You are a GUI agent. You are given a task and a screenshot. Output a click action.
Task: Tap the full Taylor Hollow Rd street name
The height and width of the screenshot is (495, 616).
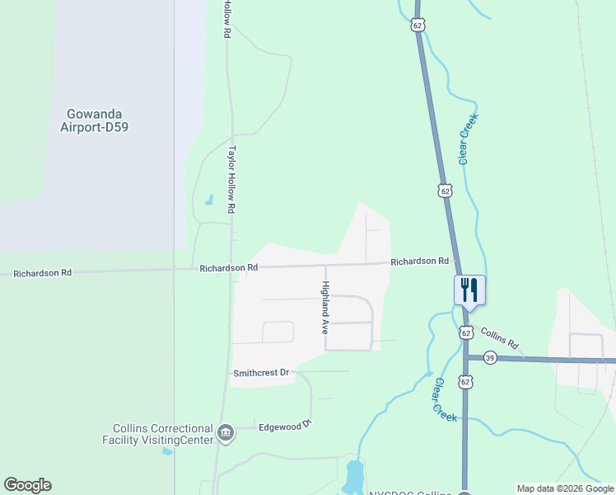coord(232,181)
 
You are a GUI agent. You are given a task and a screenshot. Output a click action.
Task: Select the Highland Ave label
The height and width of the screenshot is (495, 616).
coord(325,307)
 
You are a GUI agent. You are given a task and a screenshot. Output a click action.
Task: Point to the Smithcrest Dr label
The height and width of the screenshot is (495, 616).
coord(262,373)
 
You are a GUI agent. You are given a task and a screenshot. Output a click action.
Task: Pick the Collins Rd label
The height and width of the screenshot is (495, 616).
coord(500,337)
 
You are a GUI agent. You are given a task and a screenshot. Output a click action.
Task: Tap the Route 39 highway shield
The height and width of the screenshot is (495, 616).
coord(490,357)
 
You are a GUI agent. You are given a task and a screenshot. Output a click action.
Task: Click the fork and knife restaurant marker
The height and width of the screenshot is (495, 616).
coord(469,290)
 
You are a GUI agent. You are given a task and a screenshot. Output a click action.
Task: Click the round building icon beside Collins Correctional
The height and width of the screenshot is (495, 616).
coord(226,432)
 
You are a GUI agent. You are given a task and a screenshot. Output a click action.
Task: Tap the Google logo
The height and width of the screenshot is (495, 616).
coord(27,485)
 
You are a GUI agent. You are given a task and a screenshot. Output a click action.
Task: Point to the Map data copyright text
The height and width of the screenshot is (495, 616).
coord(564,488)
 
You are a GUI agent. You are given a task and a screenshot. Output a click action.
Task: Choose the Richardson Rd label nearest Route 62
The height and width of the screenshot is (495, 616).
coord(419,262)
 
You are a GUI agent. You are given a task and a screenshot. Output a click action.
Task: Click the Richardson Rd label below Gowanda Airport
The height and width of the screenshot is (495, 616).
coord(42,272)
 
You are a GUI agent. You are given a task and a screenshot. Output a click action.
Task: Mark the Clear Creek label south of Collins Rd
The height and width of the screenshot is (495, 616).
coord(446,399)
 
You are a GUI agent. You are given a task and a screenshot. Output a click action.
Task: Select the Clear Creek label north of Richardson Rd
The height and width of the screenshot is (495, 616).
coord(469,138)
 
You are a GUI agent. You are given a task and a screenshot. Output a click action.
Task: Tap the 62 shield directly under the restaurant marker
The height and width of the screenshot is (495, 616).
coord(466,333)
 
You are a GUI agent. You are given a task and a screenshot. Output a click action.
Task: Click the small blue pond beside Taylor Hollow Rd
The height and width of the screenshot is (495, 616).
coord(208,200)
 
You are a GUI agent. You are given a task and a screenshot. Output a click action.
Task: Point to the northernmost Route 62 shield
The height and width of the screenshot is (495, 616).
coord(418,26)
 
